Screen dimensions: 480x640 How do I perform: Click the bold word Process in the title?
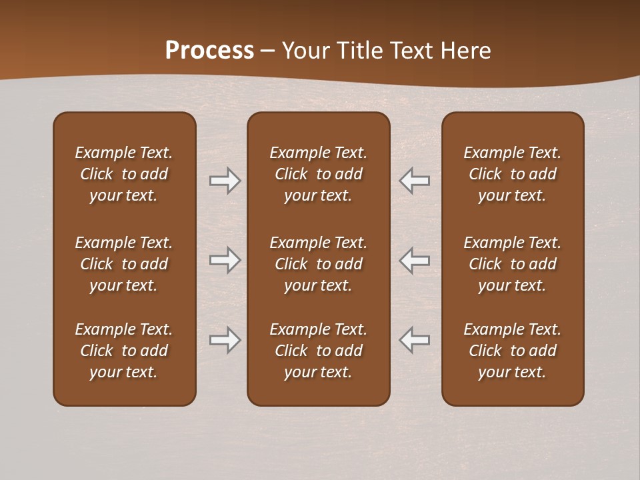pyautogui.click(x=209, y=51)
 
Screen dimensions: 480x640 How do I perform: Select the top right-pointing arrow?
pyautogui.click(x=225, y=181)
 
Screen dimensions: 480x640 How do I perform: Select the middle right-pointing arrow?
pyautogui.click(x=225, y=260)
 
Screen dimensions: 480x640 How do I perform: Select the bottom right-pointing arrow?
pyautogui.click(x=225, y=340)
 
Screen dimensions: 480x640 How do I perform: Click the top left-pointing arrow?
pyautogui.click(x=415, y=181)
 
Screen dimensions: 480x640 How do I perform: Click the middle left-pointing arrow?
pyautogui.click(x=415, y=260)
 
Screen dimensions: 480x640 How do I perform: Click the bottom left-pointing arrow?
pyautogui.click(x=415, y=340)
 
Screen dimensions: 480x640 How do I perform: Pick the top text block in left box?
pyautogui.click(x=124, y=174)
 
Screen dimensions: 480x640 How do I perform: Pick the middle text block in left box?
pyautogui.click(x=124, y=264)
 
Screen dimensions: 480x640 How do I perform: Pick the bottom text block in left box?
pyautogui.click(x=124, y=351)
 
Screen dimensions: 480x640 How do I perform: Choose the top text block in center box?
pyautogui.click(x=318, y=174)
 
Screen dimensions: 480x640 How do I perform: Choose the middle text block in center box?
pyautogui.click(x=318, y=264)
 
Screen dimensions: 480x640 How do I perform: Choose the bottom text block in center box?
pyautogui.click(x=318, y=351)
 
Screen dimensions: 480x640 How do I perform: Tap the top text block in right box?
pyautogui.click(x=512, y=174)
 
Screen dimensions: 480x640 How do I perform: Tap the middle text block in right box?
pyautogui.click(x=512, y=264)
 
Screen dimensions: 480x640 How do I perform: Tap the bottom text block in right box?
pyautogui.click(x=512, y=351)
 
